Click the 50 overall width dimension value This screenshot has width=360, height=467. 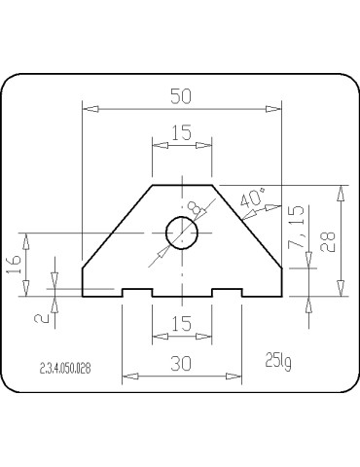coord(180,95)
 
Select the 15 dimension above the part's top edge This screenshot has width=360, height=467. coord(180,133)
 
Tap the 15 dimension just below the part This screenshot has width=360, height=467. coord(180,323)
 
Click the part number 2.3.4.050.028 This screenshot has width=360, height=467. coord(69,369)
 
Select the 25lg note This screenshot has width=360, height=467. coord(277,362)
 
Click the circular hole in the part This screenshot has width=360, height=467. coord(181,233)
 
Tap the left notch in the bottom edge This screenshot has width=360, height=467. coord(136,292)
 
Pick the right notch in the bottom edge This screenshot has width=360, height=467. coord(227,292)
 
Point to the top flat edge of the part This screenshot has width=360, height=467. coord(181,183)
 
